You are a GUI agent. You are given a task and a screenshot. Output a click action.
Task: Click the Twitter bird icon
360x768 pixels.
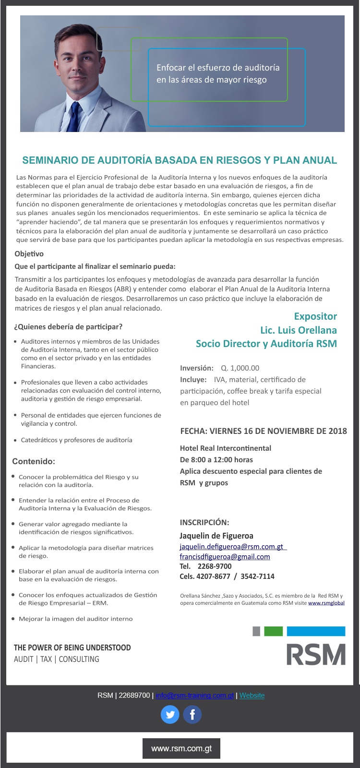coord(170,715)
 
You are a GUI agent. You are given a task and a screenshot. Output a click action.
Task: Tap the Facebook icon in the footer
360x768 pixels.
coord(192,715)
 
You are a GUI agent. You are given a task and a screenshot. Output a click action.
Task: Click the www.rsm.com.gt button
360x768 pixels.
coord(181,748)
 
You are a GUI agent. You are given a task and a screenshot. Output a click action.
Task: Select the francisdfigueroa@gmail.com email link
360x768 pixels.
coord(225,557)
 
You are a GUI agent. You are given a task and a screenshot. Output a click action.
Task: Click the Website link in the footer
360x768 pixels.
coord(252,696)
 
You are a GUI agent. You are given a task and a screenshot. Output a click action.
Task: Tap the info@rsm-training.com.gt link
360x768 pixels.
coord(195,696)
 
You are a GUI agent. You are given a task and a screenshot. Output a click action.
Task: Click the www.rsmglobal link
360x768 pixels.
coord(326,603)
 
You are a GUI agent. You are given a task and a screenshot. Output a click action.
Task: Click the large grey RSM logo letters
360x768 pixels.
coord(316,654)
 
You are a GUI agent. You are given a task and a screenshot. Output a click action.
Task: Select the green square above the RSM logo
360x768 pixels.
coord(273,631)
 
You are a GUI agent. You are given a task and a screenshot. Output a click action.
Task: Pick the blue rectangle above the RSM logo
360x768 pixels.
coord(316,631)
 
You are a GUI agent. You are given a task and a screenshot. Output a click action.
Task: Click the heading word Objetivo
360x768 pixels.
coord(29,254)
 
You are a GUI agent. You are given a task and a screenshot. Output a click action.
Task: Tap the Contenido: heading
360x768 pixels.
coord(34,461)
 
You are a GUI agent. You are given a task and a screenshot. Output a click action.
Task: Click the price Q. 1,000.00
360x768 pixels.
coord(240,368)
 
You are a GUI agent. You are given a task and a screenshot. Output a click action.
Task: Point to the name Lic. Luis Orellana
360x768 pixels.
coord(298,330)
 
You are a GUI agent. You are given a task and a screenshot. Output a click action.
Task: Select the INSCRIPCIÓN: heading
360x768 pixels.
coord(204,522)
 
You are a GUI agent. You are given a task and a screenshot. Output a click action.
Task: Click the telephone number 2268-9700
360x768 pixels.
coord(215,566)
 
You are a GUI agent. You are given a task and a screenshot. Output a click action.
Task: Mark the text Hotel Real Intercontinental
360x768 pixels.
coord(226,448)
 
